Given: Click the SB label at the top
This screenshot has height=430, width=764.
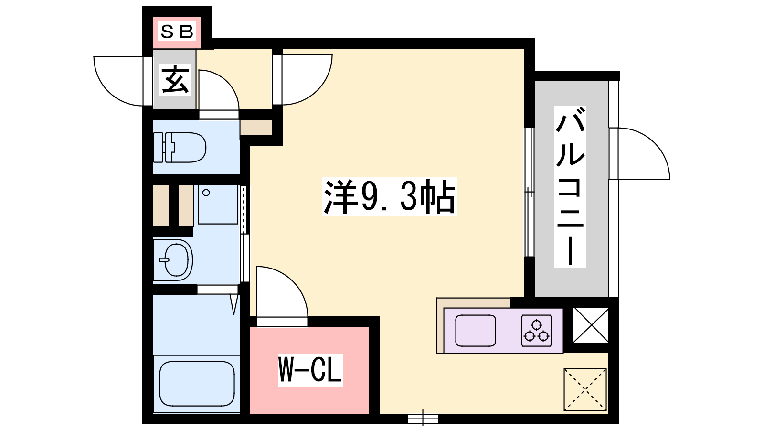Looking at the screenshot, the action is tap(177, 32).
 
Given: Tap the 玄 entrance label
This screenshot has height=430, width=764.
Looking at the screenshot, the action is tap(175, 79).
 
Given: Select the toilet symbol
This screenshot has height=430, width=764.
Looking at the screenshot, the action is tap(180, 147).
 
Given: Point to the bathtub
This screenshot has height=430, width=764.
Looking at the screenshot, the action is tap(197, 384).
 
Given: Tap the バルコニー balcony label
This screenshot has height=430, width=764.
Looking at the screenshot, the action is tap(570, 186).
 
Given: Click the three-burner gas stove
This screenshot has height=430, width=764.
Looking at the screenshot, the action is tap(537, 330).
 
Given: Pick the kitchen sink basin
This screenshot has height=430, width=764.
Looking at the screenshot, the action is tap(476, 330).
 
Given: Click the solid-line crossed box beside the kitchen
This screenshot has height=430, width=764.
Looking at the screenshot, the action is tap(591, 324).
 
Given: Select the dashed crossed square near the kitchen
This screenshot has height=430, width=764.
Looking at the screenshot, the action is tap(585, 389).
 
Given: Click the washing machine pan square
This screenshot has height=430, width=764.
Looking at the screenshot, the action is tap(218, 205).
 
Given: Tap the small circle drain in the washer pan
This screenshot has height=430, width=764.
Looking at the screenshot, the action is tap(206, 193).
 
